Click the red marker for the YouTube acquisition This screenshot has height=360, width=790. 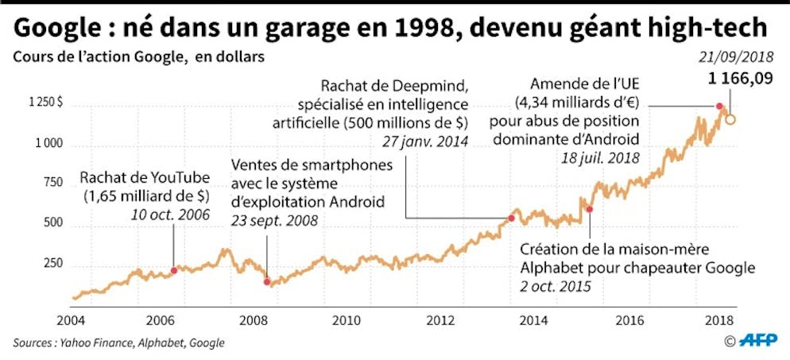click(x=174, y=271)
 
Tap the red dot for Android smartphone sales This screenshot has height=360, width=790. click(x=267, y=281)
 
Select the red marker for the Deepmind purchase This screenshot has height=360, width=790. click(x=512, y=217)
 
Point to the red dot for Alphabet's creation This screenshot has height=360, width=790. click(x=590, y=209)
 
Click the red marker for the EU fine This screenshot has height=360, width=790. click(x=719, y=106)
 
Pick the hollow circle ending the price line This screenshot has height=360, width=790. click(x=730, y=120)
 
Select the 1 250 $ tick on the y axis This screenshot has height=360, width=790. click(x=47, y=103)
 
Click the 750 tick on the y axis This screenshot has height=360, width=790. click(x=52, y=184)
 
